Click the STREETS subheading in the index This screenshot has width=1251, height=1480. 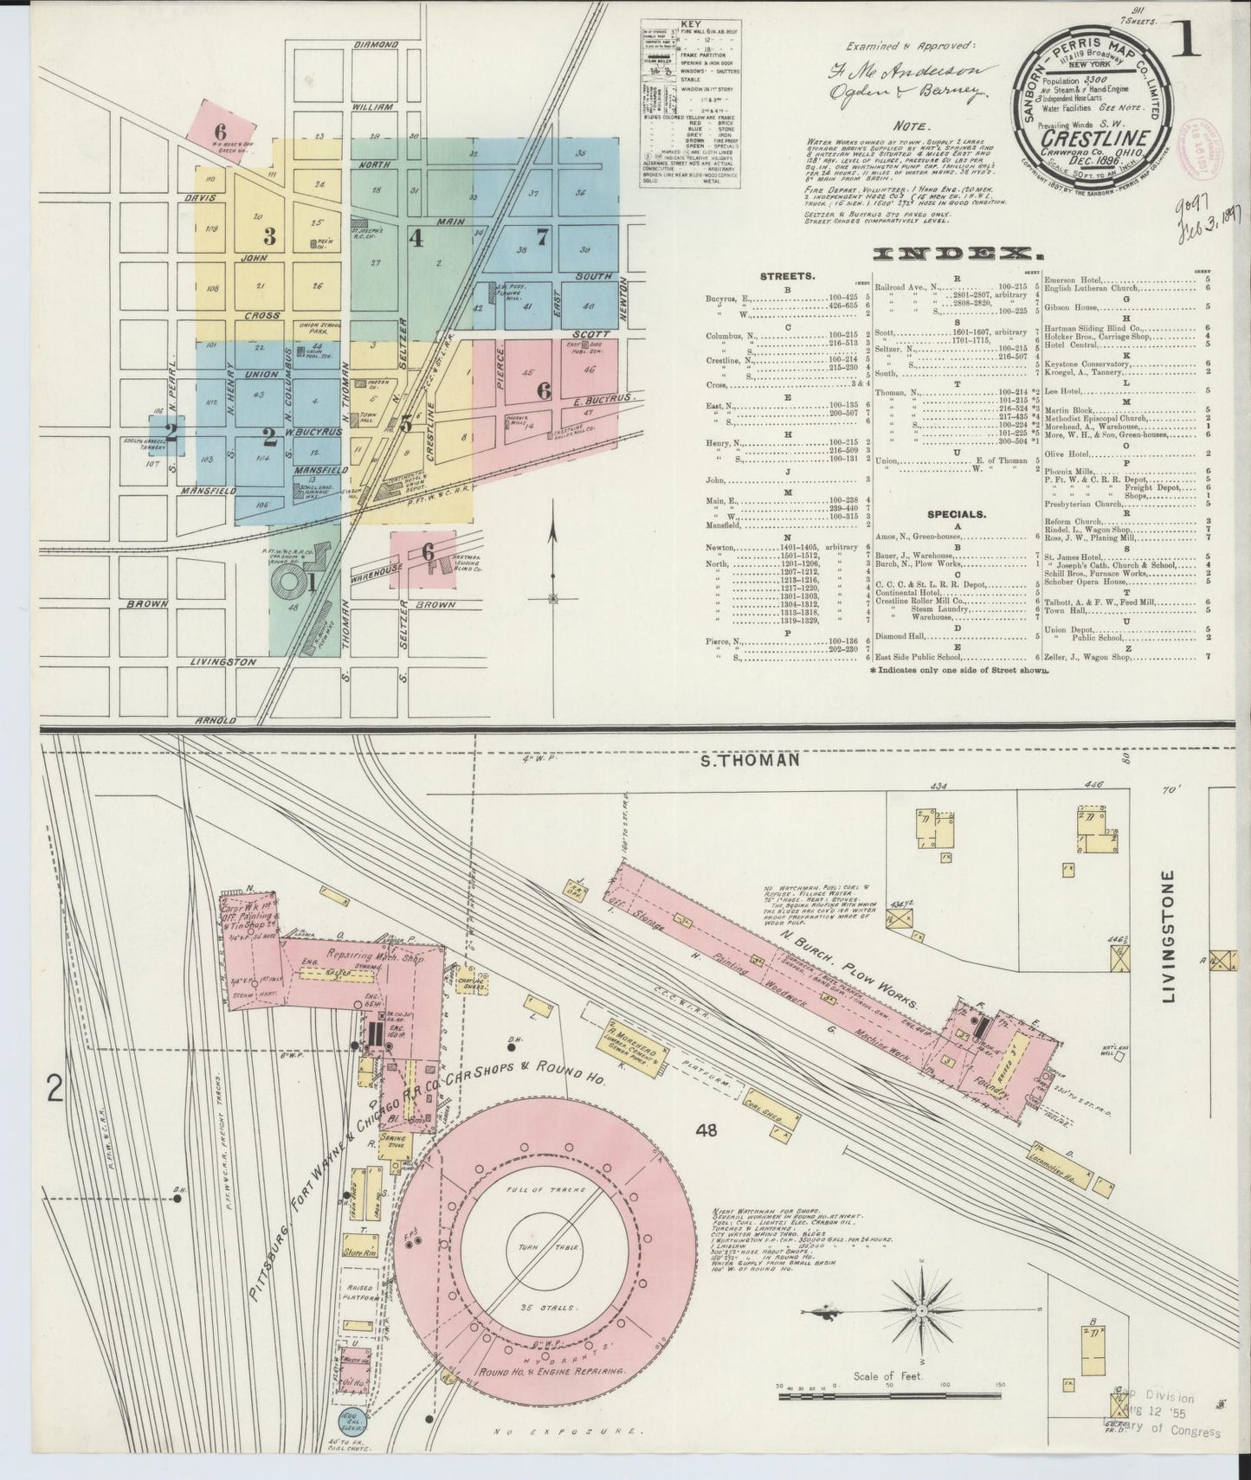point(786,277)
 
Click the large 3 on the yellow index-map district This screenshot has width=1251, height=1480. point(270,235)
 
